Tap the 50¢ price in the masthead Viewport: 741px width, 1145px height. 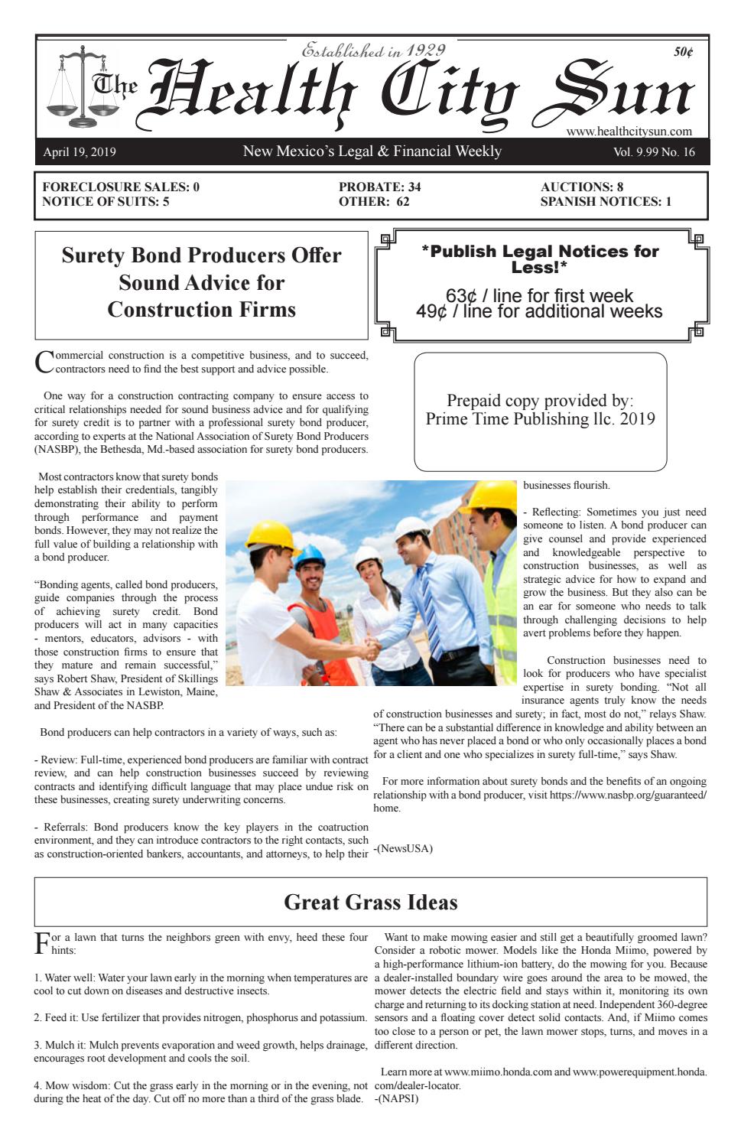pos(683,52)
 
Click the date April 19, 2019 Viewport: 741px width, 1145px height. pos(80,151)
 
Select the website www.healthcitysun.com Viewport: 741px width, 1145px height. pos(629,132)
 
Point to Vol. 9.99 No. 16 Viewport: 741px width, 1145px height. pos(654,151)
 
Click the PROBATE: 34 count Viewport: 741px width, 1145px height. pos(379,187)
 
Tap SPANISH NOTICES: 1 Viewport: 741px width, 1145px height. pos(606,202)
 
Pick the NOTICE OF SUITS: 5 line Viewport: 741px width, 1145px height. pos(106,202)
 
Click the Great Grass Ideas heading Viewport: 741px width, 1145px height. pos(371,903)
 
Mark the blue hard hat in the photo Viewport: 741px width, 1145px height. pos(309,554)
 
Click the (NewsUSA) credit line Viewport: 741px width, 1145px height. pos(403,848)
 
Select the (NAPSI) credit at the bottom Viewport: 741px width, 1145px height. pos(397,1098)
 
